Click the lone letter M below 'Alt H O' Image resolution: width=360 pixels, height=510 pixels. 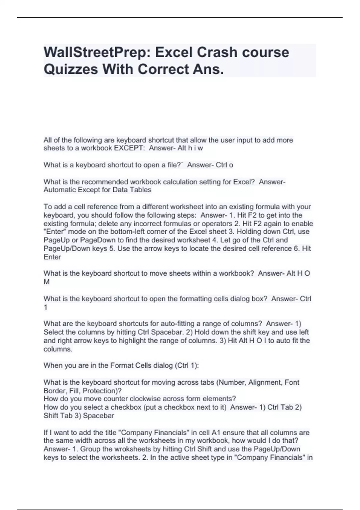point(46,282)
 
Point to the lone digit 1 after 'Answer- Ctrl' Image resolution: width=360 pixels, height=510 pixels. point(46,307)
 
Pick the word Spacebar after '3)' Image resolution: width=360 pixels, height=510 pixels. point(98,416)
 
